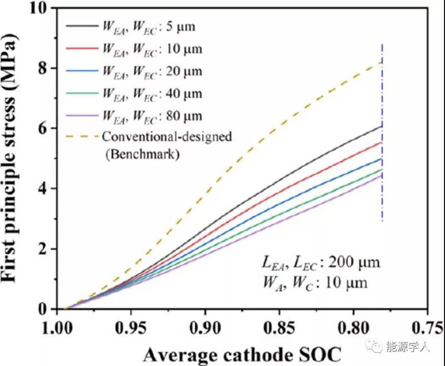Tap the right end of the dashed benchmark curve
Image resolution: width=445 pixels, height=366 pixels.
click(380, 62)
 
